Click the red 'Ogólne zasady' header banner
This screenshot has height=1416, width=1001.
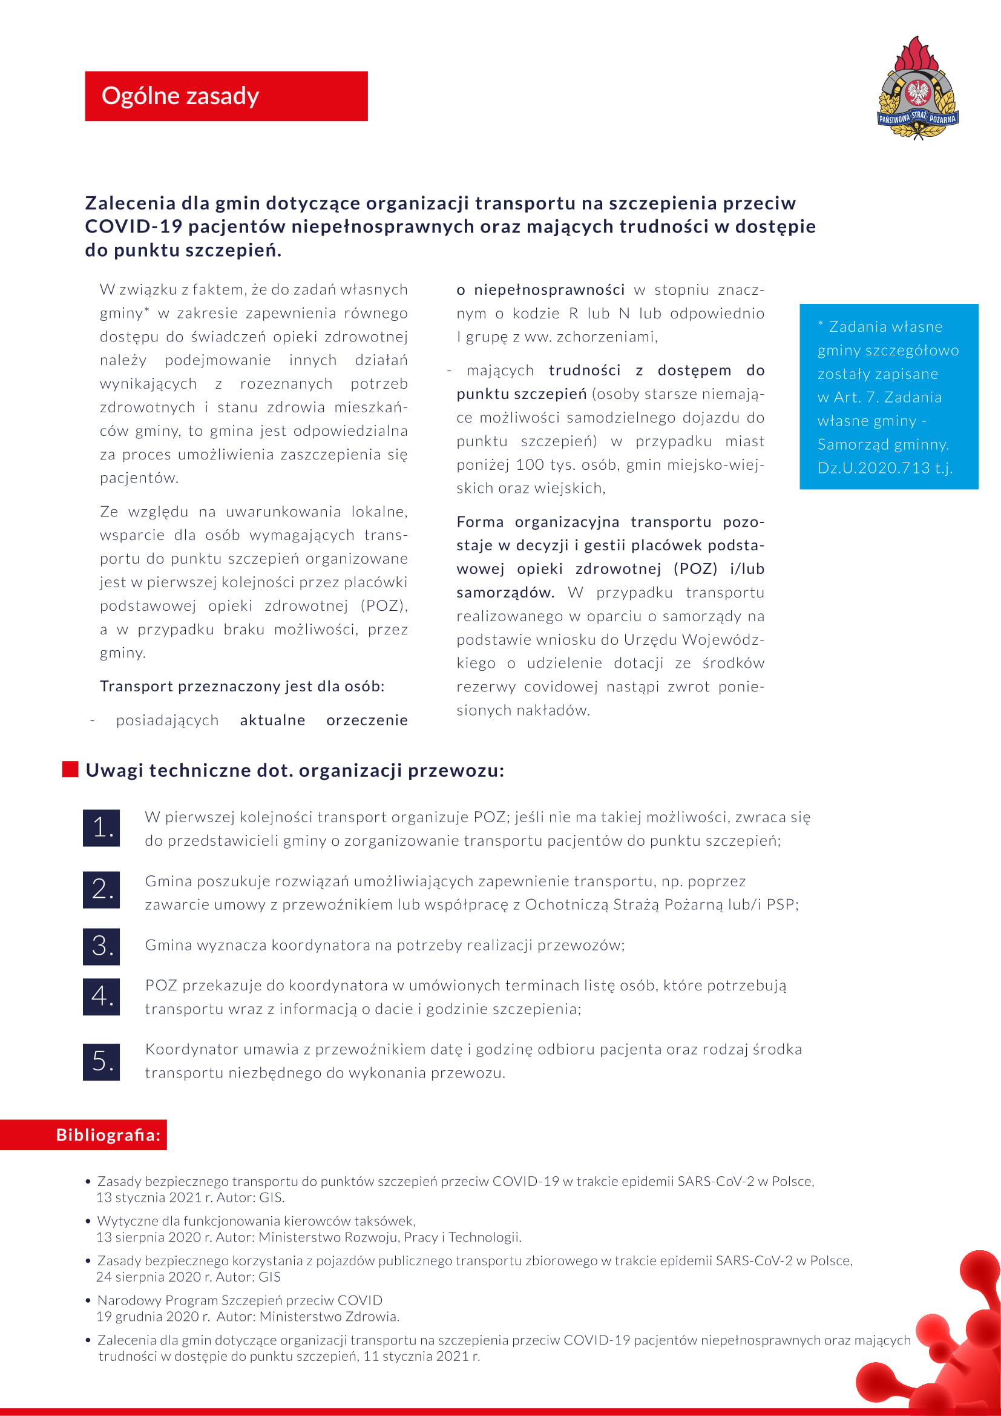[x=226, y=96]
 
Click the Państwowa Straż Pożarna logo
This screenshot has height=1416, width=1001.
[x=918, y=88]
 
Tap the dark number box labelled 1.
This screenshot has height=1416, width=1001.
[x=102, y=828]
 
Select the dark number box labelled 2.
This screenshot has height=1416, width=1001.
[x=102, y=889]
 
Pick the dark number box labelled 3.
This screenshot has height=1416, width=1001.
[x=102, y=946]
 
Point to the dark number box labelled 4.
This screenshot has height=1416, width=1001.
[x=102, y=996]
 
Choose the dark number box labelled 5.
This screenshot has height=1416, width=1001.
[x=102, y=1061]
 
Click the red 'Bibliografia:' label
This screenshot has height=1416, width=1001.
[x=108, y=1134]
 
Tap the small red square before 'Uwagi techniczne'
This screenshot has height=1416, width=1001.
[x=70, y=769]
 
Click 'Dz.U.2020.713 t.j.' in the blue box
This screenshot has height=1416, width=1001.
[x=885, y=468]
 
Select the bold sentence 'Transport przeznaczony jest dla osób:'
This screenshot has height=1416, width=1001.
[x=242, y=687]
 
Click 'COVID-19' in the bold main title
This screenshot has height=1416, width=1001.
[x=133, y=227]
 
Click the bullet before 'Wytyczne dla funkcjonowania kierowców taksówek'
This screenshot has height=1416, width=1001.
[x=89, y=1221]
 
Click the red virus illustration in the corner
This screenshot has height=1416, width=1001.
[x=943, y=1351]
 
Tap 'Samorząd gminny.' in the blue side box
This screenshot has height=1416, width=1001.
[x=882, y=445]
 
